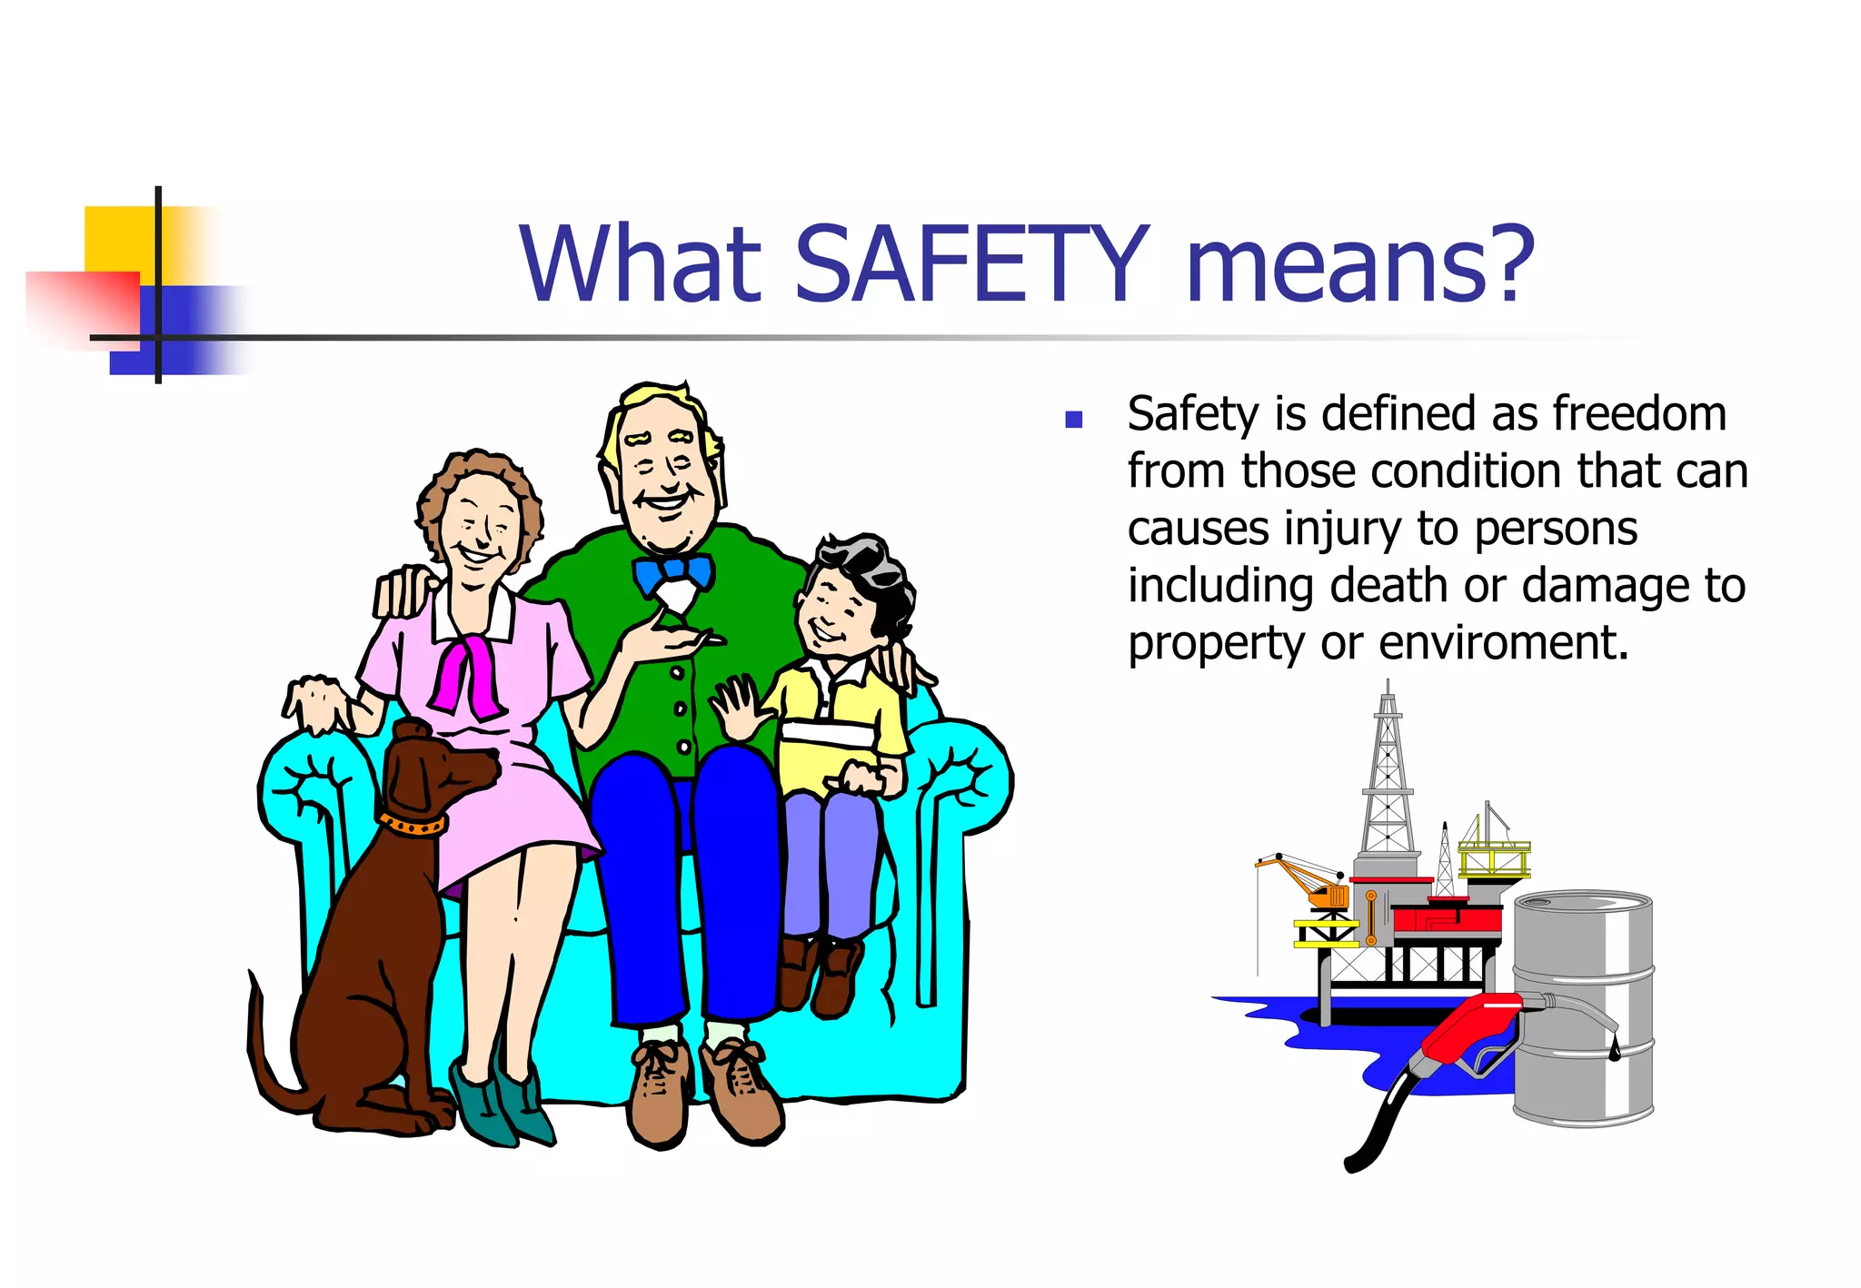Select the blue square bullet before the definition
pos(1074,419)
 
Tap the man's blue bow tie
pos(672,573)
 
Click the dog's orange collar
pos(413,824)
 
